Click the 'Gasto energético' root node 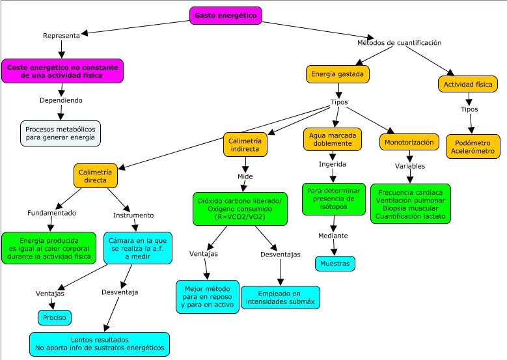[x=226, y=16]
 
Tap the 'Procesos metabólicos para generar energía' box [x=61, y=133]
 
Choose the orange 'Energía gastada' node [x=338, y=74]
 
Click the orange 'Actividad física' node [x=468, y=84]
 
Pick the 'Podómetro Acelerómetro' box [x=473, y=146]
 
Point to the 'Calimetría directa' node [x=95, y=176]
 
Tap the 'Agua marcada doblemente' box [x=332, y=141]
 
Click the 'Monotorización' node [x=409, y=142]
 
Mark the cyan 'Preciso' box [x=54, y=318]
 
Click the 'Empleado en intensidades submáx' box [x=281, y=297]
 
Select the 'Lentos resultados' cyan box [x=99, y=344]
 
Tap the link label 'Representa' [x=61, y=35]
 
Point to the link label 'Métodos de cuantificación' [x=400, y=43]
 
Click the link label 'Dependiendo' [x=61, y=100]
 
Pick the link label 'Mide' [x=245, y=176]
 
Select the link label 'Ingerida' [x=332, y=164]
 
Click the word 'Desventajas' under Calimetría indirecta [x=281, y=254]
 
